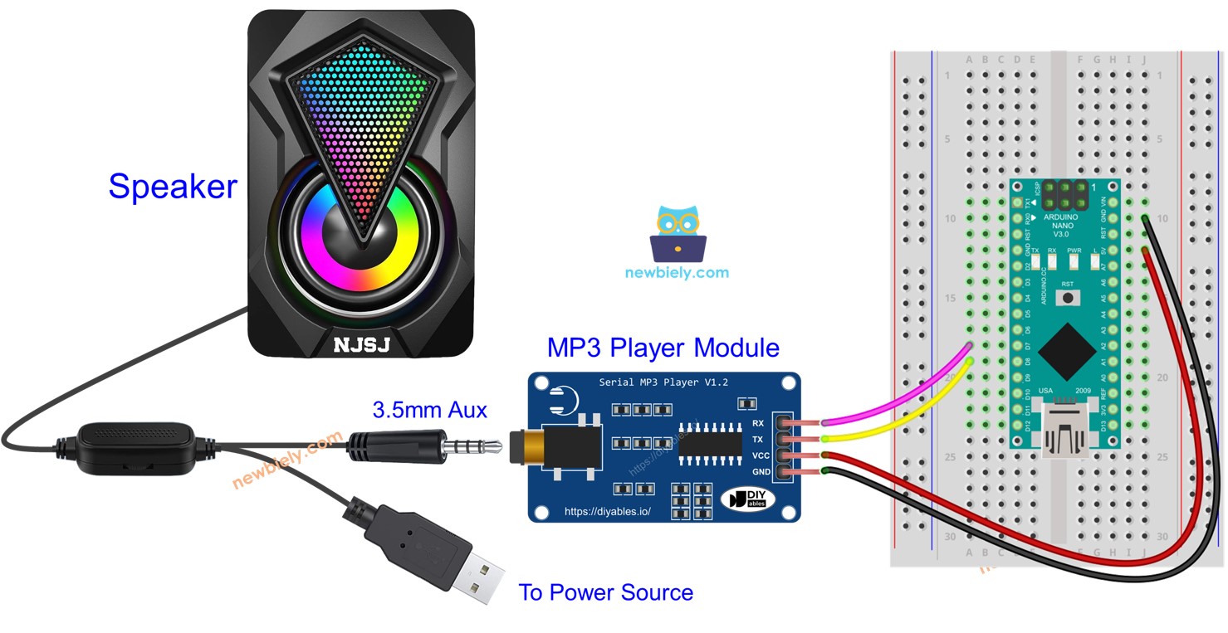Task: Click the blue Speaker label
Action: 173,187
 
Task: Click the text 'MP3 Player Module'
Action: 663,347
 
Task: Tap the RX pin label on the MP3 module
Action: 757,424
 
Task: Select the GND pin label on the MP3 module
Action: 759,472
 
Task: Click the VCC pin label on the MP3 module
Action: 759,455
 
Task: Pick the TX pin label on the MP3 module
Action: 757,440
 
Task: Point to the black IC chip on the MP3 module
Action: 710,443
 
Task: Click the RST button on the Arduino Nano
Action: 1068,296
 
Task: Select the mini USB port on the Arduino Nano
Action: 1068,427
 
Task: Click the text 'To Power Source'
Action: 605,592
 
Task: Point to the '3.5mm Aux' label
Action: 429,409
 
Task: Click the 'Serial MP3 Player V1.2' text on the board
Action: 663,382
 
